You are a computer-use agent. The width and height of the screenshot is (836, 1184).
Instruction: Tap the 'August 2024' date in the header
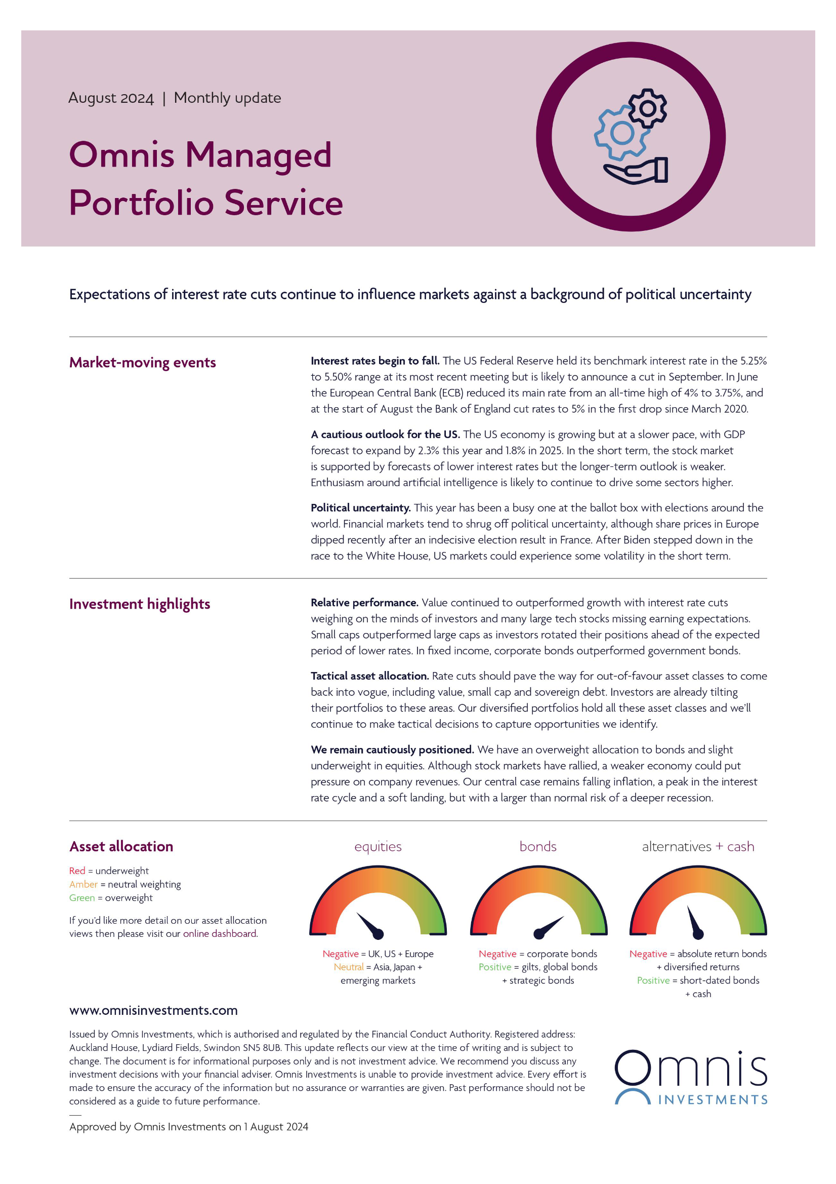click(x=111, y=98)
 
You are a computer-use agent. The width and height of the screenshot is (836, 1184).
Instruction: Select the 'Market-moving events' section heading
click(x=142, y=363)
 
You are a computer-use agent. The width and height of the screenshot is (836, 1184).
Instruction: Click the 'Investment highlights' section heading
click(x=140, y=604)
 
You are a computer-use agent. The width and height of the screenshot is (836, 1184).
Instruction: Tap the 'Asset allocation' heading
click(x=121, y=846)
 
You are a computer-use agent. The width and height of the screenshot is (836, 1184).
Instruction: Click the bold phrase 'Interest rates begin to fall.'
click(x=374, y=361)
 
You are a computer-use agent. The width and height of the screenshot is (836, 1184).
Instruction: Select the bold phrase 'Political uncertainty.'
click(x=360, y=508)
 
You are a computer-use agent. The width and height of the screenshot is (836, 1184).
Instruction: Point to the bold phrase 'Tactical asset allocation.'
click(x=369, y=676)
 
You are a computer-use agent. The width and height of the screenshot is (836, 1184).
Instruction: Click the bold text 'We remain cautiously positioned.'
click(x=392, y=750)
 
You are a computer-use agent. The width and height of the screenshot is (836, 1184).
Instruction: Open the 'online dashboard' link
click(x=220, y=934)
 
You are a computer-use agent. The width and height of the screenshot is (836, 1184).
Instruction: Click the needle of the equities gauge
click(x=370, y=926)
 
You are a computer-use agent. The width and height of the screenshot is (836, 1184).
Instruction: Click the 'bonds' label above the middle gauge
click(x=537, y=847)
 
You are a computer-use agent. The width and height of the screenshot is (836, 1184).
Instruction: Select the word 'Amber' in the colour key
click(x=83, y=884)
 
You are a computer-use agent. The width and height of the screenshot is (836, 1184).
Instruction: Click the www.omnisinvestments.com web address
click(x=153, y=1010)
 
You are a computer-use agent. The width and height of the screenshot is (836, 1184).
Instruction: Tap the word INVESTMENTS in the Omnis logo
click(x=713, y=1100)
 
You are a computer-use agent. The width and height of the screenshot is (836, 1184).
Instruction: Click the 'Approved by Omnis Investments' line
click(x=189, y=1127)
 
